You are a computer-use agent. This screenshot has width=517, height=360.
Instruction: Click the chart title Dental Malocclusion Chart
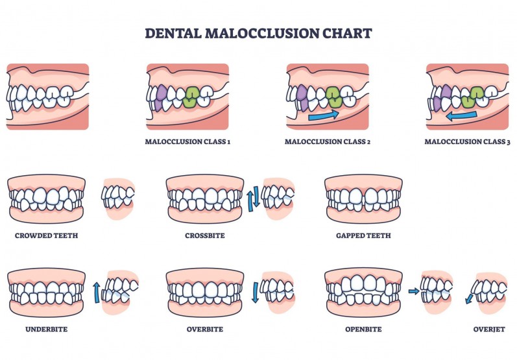(258, 33)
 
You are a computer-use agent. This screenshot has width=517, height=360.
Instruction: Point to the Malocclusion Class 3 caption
(467, 141)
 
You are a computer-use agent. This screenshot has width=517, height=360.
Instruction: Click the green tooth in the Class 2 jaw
(333, 96)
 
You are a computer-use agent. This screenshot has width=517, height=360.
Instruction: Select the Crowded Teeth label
(46, 235)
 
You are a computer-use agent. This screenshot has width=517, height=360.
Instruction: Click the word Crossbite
(204, 235)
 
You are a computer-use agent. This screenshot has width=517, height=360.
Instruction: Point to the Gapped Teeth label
(363, 235)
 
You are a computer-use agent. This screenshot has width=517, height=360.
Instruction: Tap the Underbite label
(46, 330)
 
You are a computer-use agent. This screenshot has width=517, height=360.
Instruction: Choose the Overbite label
(204, 330)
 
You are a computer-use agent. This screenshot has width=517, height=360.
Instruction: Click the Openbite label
(363, 330)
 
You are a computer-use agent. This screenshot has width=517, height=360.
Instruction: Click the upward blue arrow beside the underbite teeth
(97, 292)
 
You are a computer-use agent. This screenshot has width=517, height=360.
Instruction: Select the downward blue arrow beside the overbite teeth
(255, 293)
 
